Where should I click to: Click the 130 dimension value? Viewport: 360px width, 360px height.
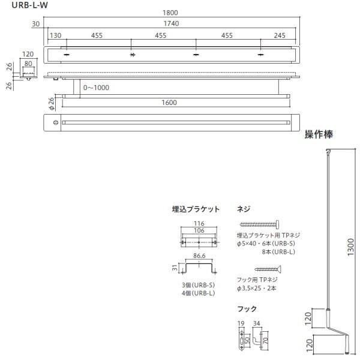56,35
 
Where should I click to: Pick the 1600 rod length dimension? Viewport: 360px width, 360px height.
169,103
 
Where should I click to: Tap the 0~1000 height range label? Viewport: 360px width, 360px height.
96,88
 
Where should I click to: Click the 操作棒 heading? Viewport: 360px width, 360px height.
319,134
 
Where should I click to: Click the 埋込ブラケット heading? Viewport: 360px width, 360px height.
196,209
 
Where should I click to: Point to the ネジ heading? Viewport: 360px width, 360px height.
244,209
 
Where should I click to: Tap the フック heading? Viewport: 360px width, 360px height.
247,309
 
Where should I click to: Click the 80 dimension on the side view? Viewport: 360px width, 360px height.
28,62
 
